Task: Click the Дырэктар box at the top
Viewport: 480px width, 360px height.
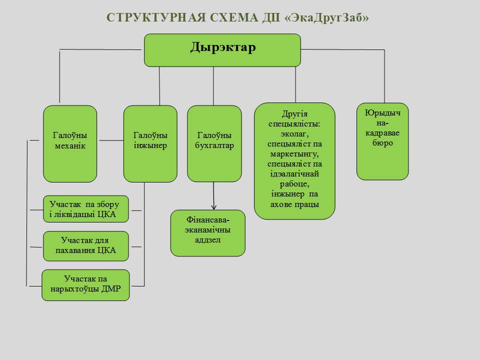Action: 222,50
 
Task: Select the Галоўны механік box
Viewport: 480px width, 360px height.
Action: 70,143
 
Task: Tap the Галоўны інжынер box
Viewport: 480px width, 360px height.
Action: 150,143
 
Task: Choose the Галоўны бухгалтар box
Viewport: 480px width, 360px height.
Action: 214,143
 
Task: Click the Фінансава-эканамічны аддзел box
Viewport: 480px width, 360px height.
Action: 208,233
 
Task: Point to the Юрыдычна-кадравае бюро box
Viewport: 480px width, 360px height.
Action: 382,141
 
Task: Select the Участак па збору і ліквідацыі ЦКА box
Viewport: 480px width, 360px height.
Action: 86,209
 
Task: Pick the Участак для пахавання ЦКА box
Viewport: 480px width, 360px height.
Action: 86,246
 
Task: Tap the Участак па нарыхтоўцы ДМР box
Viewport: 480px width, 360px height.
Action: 85,285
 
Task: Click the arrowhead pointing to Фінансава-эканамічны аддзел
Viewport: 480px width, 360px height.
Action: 214,206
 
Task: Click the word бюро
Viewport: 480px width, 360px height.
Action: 382,143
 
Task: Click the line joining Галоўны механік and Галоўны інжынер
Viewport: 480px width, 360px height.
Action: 110,141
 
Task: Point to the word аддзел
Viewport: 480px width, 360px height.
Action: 207,240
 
